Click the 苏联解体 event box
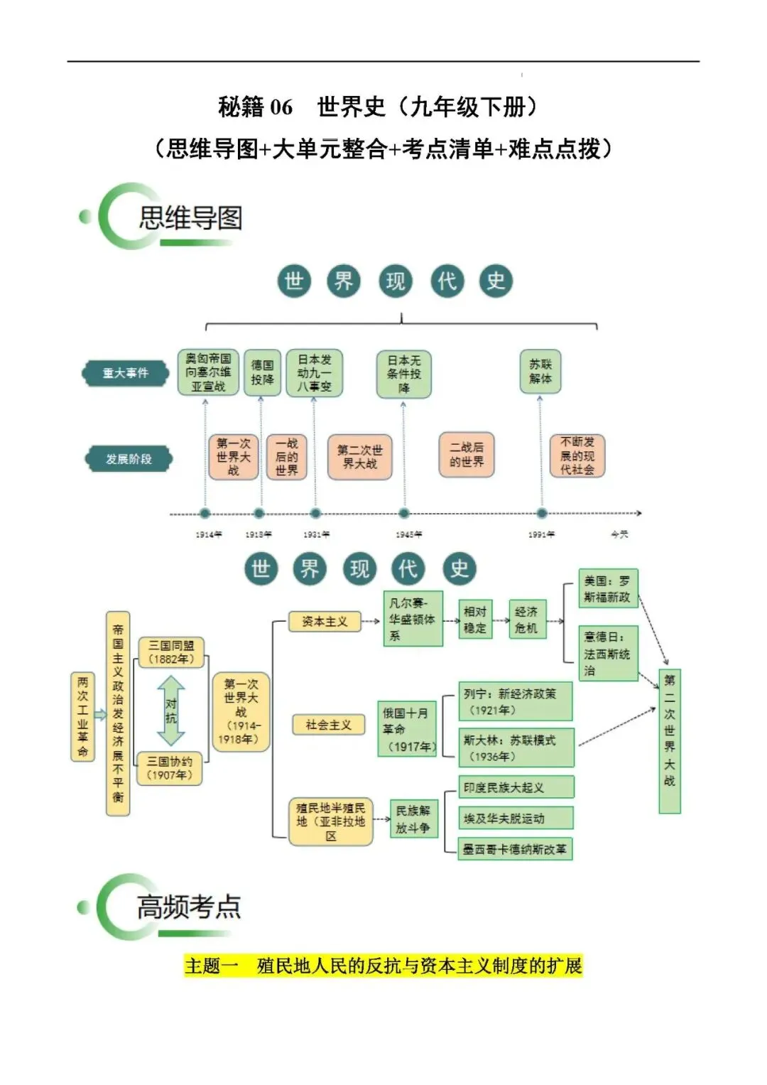click(540, 372)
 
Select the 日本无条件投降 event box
click(403, 374)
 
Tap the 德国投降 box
click(262, 372)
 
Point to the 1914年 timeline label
click(208, 534)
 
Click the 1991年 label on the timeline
click(541, 534)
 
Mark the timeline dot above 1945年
click(403, 513)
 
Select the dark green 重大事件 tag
click(126, 373)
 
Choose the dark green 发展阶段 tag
click(129, 459)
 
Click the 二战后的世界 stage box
click(466, 455)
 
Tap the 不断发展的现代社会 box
click(577, 455)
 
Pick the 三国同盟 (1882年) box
click(170, 652)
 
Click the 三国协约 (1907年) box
click(170, 768)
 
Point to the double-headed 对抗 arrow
click(171, 710)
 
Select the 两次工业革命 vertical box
click(82, 716)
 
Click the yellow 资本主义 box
click(325, 622)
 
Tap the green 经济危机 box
click(526, 620)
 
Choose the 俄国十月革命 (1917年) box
click(407, 729)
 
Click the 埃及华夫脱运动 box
click(516, 819)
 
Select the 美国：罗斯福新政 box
click(608, 589)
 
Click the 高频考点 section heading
click(188, 907)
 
